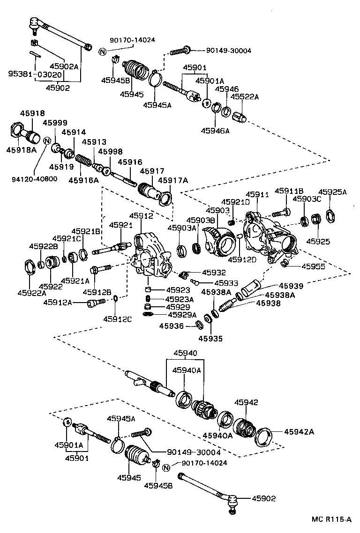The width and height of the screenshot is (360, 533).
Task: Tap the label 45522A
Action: (243, 97)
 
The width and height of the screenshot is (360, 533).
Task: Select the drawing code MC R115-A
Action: (331, 519)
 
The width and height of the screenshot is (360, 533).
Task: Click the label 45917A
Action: (173, 180)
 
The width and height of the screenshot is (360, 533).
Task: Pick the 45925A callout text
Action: (332, 192)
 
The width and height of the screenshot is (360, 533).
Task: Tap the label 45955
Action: (313, 266)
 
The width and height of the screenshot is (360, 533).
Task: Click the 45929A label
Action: (182, 315)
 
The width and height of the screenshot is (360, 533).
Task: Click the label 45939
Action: (291, 286)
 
